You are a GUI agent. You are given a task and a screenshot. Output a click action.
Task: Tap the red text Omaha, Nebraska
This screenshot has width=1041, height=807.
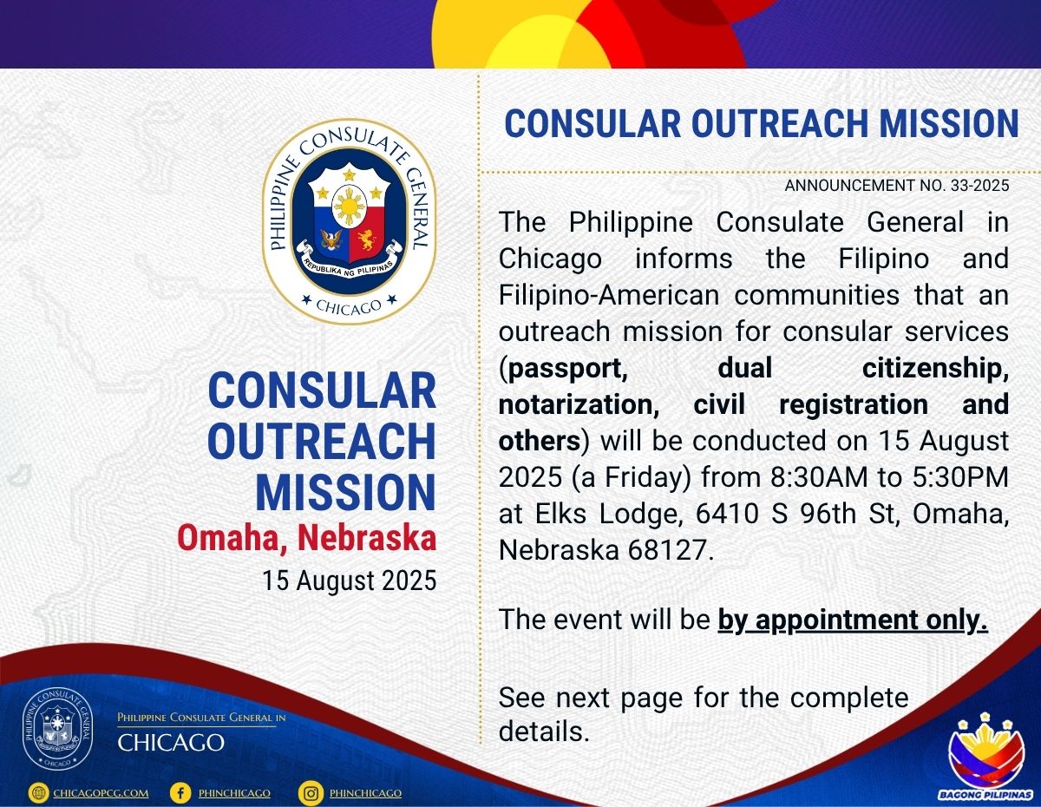306,538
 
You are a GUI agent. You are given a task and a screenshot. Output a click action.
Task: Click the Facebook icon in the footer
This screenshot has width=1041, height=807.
180,793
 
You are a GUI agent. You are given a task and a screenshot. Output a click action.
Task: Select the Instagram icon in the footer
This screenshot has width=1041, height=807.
311,793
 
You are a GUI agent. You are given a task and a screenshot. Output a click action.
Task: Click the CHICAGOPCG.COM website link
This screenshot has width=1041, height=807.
101,793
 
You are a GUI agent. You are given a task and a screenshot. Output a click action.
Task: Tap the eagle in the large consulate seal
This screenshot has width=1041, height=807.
331,240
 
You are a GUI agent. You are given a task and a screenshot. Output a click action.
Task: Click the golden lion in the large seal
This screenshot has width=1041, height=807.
366,240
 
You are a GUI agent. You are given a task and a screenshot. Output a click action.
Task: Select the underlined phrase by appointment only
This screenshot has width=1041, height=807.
853,620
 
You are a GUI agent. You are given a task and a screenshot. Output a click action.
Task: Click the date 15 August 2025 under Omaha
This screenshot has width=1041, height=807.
350,581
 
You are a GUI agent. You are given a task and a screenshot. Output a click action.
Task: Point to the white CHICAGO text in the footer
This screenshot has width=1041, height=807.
171,743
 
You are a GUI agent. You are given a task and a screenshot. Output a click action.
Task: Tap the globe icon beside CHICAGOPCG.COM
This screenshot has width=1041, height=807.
38,793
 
